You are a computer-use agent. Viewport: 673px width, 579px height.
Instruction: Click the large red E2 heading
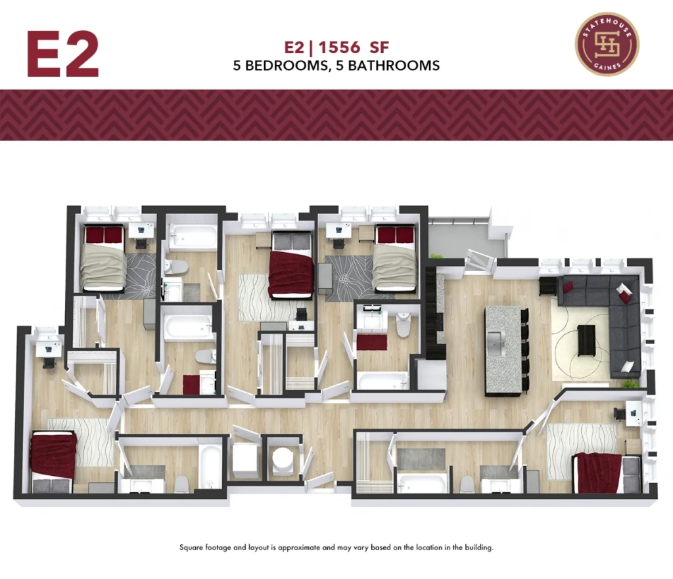coord(63,54)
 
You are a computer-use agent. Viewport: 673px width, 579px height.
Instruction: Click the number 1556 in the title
coord(339,47)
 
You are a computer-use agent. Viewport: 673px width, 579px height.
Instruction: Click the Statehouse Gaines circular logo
coord(607,44)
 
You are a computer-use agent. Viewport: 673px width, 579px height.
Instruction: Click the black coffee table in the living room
coord(586,341)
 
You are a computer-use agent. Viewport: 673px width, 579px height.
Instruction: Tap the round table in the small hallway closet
coord(283,458)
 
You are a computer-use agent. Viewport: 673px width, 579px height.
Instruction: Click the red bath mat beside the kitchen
coord(372,343)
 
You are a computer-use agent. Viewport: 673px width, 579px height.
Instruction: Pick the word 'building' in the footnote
coord(478,547)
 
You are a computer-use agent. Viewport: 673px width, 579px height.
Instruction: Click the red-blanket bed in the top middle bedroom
coord(291,265)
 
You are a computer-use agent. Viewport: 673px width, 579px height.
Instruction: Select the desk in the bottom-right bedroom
coord(634,412)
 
